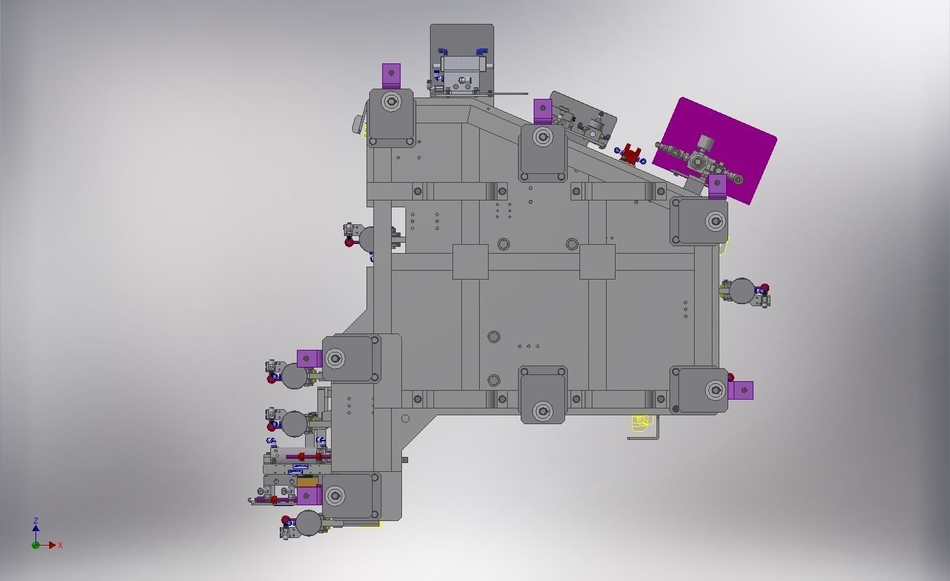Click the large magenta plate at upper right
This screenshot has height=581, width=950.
[x=737, y=140]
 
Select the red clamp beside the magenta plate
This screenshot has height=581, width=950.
[x=632, y=155]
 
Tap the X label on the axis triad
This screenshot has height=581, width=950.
[x=60, y=546]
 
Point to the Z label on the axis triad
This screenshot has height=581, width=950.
[x=35, y=521]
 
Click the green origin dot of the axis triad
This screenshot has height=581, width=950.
[x=35, y=545]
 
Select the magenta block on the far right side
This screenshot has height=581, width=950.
[x=742, y=390]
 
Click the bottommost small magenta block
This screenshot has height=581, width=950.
[x=308, y=496]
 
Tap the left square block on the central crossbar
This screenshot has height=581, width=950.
[x=470, y=262]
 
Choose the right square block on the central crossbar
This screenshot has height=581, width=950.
[x=597, y=262]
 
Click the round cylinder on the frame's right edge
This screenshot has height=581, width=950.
[x=742, y=291]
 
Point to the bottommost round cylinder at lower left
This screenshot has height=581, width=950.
[x=308, y=523]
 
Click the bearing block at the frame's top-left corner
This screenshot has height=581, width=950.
[x=391, y=117]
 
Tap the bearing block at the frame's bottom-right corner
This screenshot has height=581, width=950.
[x=700, y=390]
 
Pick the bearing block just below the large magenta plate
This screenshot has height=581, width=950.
[x=699, y=220]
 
